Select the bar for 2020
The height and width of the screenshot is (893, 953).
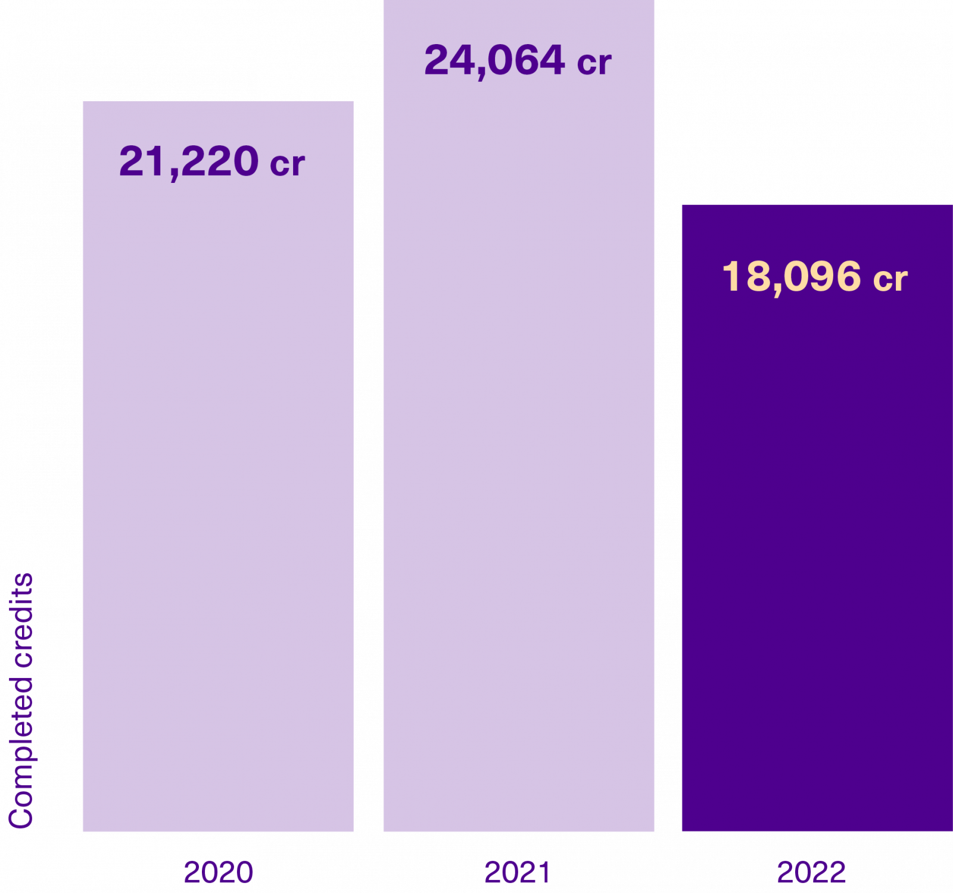[x=217, y=477]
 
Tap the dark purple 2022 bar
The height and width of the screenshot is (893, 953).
[x=816, y=536]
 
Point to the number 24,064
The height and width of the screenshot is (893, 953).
[x=494, y=60]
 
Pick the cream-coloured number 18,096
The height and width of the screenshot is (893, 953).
[x=792, y=277]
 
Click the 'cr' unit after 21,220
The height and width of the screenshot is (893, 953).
[x=287, y=164]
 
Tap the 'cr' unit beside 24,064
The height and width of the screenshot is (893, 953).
[x=594, y=63]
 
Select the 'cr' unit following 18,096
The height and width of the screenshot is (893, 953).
[x=890, y=279]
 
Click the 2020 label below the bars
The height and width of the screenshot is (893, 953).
[x=218, y=872]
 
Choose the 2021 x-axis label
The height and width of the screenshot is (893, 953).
[x=517, y=872]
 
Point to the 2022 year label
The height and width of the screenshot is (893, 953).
[x=811, y=872]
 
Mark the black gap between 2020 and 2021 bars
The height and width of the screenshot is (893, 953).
[x=368, y=477]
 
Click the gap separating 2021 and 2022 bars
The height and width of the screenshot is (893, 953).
[x=668, y=477]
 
